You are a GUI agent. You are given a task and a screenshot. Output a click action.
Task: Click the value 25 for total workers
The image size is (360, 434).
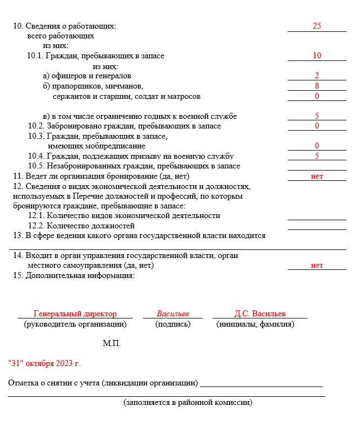tap(317, 26)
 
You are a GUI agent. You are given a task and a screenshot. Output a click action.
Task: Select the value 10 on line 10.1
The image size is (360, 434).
tap(317, 56)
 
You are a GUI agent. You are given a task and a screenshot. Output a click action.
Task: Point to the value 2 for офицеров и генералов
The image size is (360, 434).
tap(317, 76)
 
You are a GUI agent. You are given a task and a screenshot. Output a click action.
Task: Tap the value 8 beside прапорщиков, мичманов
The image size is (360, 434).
tap(317, 85)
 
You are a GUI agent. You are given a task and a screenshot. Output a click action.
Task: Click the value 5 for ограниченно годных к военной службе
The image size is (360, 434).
tap(317, 116)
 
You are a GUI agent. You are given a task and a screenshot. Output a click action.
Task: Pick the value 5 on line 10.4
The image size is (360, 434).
tap(317, 155)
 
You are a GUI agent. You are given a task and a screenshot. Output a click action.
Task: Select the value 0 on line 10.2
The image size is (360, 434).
tap(317, 126)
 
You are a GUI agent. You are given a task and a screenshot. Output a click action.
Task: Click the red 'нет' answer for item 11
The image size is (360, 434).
tap(317, 176)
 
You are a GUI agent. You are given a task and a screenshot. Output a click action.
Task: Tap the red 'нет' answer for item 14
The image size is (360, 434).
tap(317, 265)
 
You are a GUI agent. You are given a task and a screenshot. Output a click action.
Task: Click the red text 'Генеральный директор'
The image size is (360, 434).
tap(75, 314)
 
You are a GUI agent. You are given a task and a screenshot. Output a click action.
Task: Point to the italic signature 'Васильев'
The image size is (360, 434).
tap(173, 314)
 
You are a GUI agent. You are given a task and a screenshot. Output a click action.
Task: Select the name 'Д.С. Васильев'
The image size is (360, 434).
tap(260, 314)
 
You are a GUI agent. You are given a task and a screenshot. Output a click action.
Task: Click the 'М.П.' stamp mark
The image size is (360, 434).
tap(112, 344)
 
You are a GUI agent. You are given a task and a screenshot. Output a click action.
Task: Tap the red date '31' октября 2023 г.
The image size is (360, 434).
tap(44, 363)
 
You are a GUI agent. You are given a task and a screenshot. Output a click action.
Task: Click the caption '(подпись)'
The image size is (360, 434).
tap(173, 324)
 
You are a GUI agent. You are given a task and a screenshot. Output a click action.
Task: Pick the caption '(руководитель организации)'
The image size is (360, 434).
tap(75, 324)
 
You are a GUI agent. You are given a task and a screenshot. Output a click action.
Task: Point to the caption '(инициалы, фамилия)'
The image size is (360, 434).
tap(255, 324)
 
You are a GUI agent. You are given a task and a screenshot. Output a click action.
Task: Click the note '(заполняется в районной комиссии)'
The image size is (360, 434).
tap(188, 403)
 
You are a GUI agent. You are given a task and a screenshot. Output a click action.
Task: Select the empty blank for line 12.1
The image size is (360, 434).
tap(317, 215)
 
